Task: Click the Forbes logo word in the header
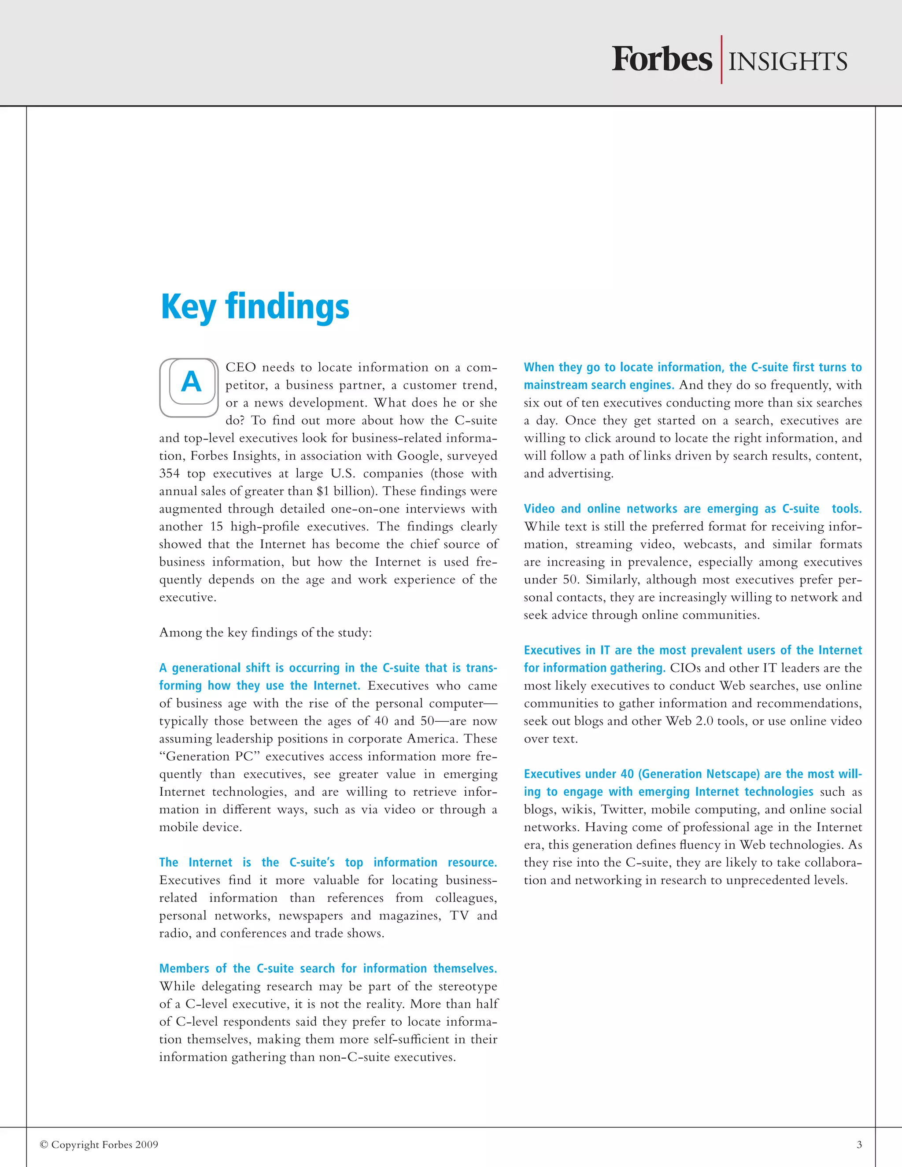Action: coord(662,60)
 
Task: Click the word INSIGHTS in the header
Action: coord(787,62)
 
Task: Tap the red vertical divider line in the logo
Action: coord(721,59)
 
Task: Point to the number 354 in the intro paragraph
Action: coord(170,474)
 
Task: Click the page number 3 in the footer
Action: coord(859,1144)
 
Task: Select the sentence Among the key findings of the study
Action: coord(265,633)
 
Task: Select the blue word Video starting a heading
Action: coord(539,509)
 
